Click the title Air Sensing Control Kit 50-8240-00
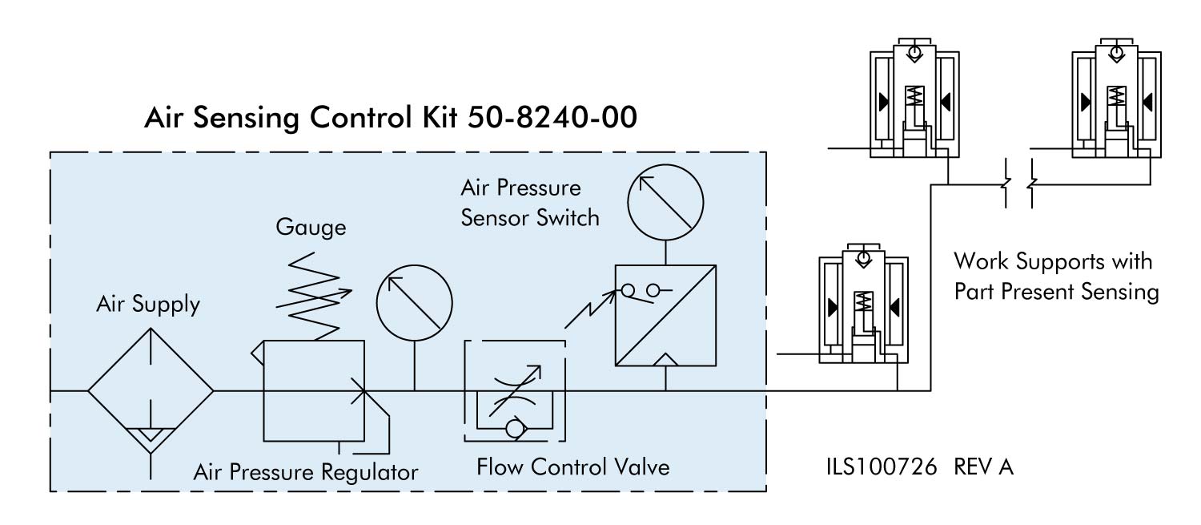tap(391, 118)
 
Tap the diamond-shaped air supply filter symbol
tap(151, 391)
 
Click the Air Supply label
tap(148, 305)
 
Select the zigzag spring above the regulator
tap(312, 293)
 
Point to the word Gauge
tap(311, 228)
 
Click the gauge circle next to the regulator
tap(414, 305)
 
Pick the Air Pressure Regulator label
tap(306, 472)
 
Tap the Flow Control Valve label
tap(572, 466)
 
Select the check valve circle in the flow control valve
tap(512, 429)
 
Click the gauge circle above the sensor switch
tap(665, 207)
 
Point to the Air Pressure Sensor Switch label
tap(530, 203)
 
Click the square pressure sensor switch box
tap(665, 316)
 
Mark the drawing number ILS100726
tap(882, 466)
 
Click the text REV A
tap(984, 466)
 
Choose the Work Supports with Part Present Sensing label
tap(1056, 277)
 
